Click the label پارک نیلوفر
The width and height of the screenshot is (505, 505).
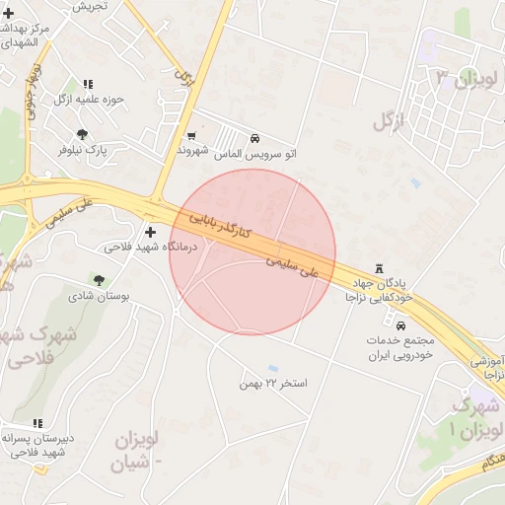(x=82, y=150)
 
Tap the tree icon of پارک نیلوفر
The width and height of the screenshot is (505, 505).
(x=82, y=134)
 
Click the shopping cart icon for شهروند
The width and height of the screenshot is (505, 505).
(x=191, y=136)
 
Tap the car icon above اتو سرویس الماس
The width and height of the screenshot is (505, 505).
(x=255, y=139)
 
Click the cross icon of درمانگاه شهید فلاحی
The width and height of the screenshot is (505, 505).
(x=150, y=233)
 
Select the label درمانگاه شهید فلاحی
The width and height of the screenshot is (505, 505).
(x=151, y=247)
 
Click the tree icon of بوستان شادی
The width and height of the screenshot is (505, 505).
(x=98, y=280)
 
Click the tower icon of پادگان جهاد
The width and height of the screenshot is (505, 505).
(x=379, y=269)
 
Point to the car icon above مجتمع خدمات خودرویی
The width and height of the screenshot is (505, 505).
(x=400, y=325)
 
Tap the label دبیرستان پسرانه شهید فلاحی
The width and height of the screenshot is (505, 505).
(x=37, y=446)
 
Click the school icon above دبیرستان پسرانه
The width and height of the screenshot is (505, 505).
(x=37, y=423)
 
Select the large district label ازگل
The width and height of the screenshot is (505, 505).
(x=391, y=121)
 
